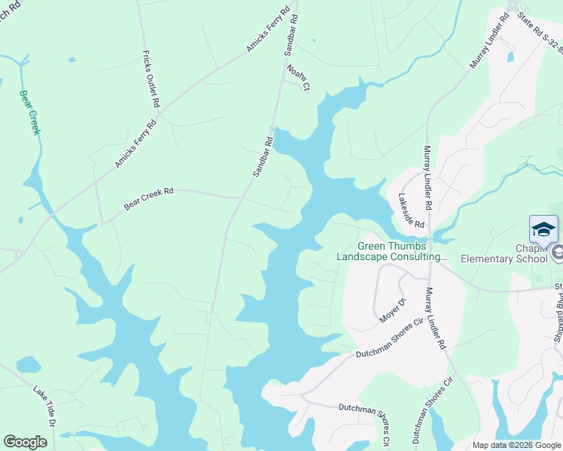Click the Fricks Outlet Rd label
pyautogui.click(x=151, y=78)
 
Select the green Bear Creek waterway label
pyautogui.click(x=29, y=113)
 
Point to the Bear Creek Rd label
pyautogui.click(x=149, y=202)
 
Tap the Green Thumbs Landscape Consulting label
pyautogui.click(x=391, y=251)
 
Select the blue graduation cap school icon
pyautogui.click(x=543, y=229)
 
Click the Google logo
pyautogui.click(x=26, y=442)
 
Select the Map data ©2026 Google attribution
pyautogui.click(x=516, y=445)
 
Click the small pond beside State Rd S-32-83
pyautogui.click(x=511, y=56)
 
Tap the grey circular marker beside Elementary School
pyautogui.click(x=557, y=253)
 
